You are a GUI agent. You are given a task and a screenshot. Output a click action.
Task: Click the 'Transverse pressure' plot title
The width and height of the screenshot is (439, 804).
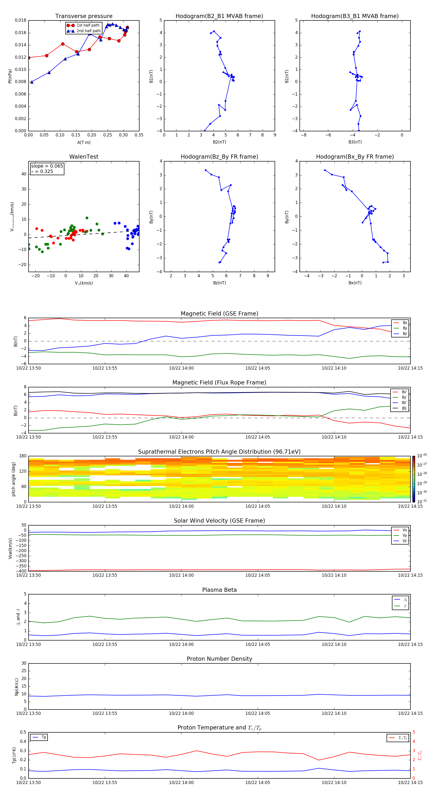coord(84,16)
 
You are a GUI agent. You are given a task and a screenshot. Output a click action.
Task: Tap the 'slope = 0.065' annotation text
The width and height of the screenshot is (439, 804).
coord(47,166)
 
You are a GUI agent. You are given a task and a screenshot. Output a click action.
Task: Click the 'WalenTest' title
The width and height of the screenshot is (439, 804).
coord(84,157)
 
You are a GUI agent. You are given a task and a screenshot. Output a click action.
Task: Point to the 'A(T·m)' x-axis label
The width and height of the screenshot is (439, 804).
coord(84,142)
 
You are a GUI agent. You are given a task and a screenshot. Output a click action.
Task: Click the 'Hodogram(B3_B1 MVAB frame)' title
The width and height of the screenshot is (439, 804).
coord(355,16)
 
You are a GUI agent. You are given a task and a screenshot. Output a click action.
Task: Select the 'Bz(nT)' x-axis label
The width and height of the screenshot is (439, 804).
coord(219,283)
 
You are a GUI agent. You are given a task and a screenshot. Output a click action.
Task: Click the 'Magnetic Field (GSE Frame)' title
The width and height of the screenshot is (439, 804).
coord(219,314)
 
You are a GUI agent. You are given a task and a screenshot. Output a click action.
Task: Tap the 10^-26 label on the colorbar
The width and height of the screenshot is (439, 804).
coord(421,455)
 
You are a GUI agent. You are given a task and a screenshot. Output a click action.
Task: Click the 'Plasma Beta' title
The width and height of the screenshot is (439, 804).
coord(219,590)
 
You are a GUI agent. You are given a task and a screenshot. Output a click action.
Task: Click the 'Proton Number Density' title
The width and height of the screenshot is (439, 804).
coord(219,659)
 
